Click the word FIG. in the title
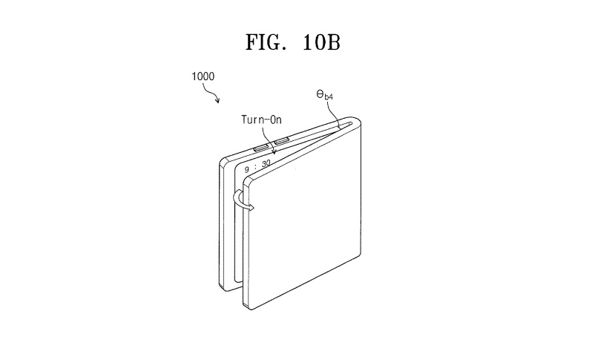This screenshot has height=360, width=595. click(x=266, y=42)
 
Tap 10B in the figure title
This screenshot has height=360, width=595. click(x=321, y=42)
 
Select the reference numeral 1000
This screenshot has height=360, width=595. click(x=203, y=76)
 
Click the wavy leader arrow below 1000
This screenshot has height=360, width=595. click(x=211, y=93)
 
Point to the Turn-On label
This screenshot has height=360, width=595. click(x=261, y=120)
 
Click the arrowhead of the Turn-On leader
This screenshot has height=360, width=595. click(x=274, y=152)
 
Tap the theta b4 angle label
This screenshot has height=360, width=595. click(x=324, y=95)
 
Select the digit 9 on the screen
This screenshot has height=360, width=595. click(x=246, y=169)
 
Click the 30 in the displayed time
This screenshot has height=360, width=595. click(x=266, y=164)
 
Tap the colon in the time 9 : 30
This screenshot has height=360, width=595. click(x=256, y=166)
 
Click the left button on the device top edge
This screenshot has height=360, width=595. click(x=261, y=148)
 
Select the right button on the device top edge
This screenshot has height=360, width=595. click(x=281, y=142)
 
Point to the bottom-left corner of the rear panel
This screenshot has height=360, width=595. click(x=221, y=286)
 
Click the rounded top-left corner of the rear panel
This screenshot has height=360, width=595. click(x=223, y=160)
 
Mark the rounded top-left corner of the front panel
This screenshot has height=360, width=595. click(x=246, y=180)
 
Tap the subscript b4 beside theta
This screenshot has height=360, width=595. click(x=329, y=97)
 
